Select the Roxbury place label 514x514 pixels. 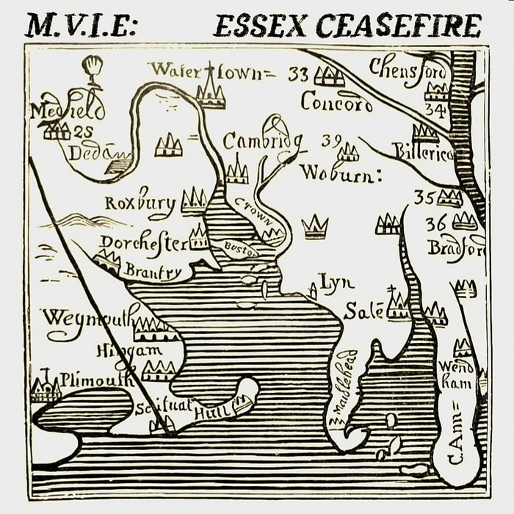tap(140, 202)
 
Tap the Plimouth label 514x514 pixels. tap(96, 379)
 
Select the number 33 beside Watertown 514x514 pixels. tap(299, 73)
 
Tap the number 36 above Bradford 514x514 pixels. tap(435, 224)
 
